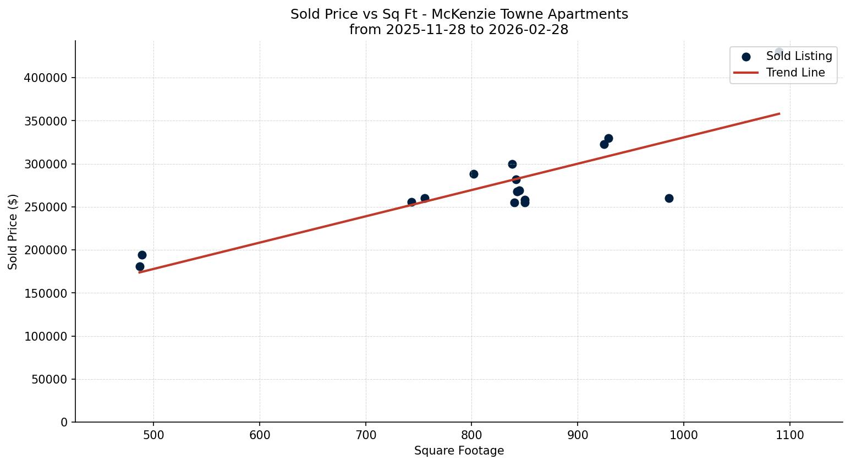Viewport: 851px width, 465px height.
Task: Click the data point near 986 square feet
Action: tap(669, 198)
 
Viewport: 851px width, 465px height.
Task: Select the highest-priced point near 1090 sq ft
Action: tap(778, 52)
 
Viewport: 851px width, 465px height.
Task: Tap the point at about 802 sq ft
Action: tap(474, 174)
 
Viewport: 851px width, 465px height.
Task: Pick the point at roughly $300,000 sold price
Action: tap(512, 164)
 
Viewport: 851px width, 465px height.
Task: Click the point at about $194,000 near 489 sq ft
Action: tap(142, 255)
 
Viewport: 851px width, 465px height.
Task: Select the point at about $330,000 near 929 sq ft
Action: tap(608, 138)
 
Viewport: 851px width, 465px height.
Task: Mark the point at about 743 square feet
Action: tap(411, 202)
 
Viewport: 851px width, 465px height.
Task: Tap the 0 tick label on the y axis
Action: tap(64, 422)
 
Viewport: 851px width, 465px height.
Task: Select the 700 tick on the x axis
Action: tap(366, 435)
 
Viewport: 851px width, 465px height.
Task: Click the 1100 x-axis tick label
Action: tap(790, 435)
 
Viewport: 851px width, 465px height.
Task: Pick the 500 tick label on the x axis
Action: tap(153, 435)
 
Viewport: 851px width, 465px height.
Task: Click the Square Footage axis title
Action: tap(459, 451)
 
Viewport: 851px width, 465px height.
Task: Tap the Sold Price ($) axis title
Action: tap(13, 232)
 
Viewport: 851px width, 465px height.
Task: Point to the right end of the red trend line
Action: tap(779, 114)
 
